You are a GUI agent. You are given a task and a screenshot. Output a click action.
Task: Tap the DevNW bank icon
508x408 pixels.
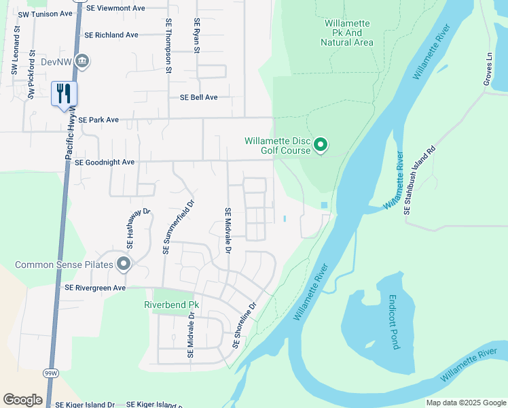[83, 62]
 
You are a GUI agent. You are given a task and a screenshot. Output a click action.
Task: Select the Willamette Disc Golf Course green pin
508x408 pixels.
[322, 145]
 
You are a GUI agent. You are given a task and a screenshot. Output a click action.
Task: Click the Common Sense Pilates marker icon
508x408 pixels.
[123, 264]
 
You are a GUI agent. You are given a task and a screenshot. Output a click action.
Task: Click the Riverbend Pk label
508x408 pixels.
[172, 305]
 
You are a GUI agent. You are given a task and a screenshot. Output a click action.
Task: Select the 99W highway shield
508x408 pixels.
[50, 373]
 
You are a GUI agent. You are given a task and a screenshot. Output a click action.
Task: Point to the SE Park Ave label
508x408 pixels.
[98, 120]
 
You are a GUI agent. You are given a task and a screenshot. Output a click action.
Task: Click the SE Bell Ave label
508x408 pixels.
[198, 97]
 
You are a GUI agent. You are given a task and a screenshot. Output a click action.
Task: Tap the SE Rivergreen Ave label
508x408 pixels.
[95, 288]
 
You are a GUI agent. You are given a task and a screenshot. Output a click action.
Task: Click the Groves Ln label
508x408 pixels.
[488, 66]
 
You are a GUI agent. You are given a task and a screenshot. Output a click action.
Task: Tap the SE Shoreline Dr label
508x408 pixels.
[245, 325]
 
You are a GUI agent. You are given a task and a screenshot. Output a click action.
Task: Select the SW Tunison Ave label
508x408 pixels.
[45, 14]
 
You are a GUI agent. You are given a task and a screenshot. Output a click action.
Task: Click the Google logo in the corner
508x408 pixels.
[22, 400]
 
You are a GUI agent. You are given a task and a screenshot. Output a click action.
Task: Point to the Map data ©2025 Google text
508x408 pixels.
[465, 403]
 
